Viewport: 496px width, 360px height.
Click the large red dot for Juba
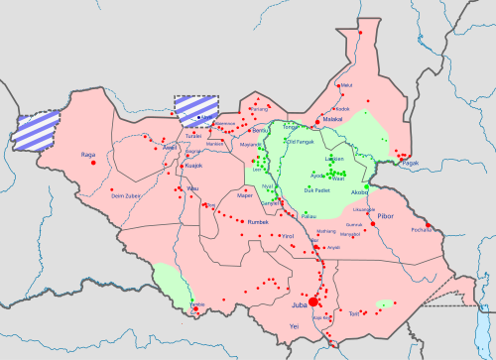click(313, 300)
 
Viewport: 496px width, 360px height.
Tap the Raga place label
click(86, 156)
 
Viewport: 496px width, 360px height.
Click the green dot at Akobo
click(366, 186)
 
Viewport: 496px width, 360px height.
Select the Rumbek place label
click(258, 220)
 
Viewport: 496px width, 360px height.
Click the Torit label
click(355, 312)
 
